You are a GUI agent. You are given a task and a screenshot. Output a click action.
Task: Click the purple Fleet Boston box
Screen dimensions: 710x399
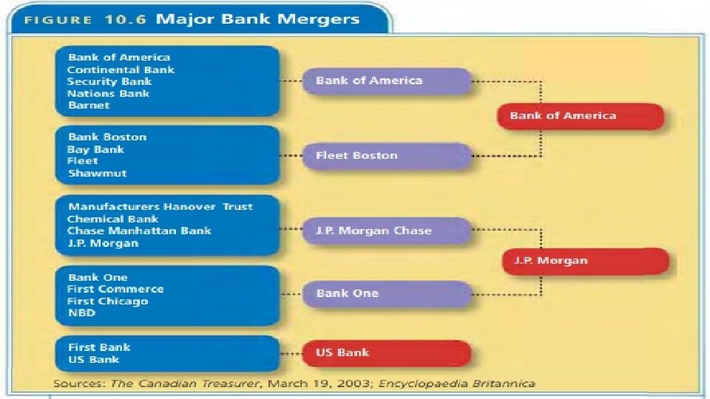tap(386, 156)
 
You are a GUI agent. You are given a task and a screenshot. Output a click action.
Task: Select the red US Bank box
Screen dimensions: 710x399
tap(386, 353)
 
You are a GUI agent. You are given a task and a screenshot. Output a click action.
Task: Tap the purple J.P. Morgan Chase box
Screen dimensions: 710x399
tap(386, 231)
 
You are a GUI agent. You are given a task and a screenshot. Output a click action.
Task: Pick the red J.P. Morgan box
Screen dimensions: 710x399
tap(586, 261)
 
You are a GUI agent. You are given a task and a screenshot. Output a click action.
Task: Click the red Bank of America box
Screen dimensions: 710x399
tap(580, 115)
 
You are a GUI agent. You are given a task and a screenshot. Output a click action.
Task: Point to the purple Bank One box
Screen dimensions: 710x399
tap(386, 293)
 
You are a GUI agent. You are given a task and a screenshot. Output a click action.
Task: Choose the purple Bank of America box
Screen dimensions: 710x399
tap(386, 81)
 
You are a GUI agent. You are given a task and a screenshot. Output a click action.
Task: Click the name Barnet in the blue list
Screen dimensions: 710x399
tap(89, 106)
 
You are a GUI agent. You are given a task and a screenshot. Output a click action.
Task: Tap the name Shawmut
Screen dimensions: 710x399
tap(97, 173)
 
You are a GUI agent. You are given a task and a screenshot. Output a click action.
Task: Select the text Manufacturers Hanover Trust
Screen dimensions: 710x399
tap(160, 207)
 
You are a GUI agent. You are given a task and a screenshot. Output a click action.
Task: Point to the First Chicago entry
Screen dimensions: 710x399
tap(108, 301)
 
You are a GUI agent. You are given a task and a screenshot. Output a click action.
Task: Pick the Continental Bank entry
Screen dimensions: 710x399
tap(121, 69)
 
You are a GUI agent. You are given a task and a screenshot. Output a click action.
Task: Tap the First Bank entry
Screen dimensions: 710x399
tap(99, 347)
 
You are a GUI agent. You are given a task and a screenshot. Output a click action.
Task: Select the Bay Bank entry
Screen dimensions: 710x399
tap(95, 149)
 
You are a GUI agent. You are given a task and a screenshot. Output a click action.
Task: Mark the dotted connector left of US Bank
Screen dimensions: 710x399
tap(290, 353)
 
